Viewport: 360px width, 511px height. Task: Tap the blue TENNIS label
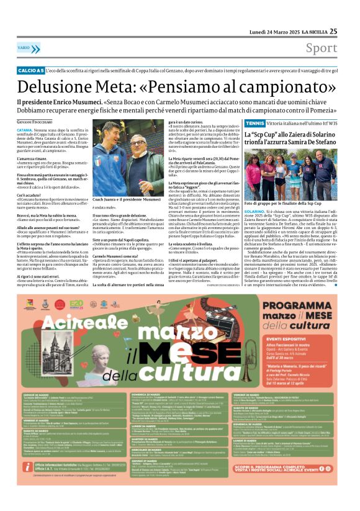click(x=254, y=124)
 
